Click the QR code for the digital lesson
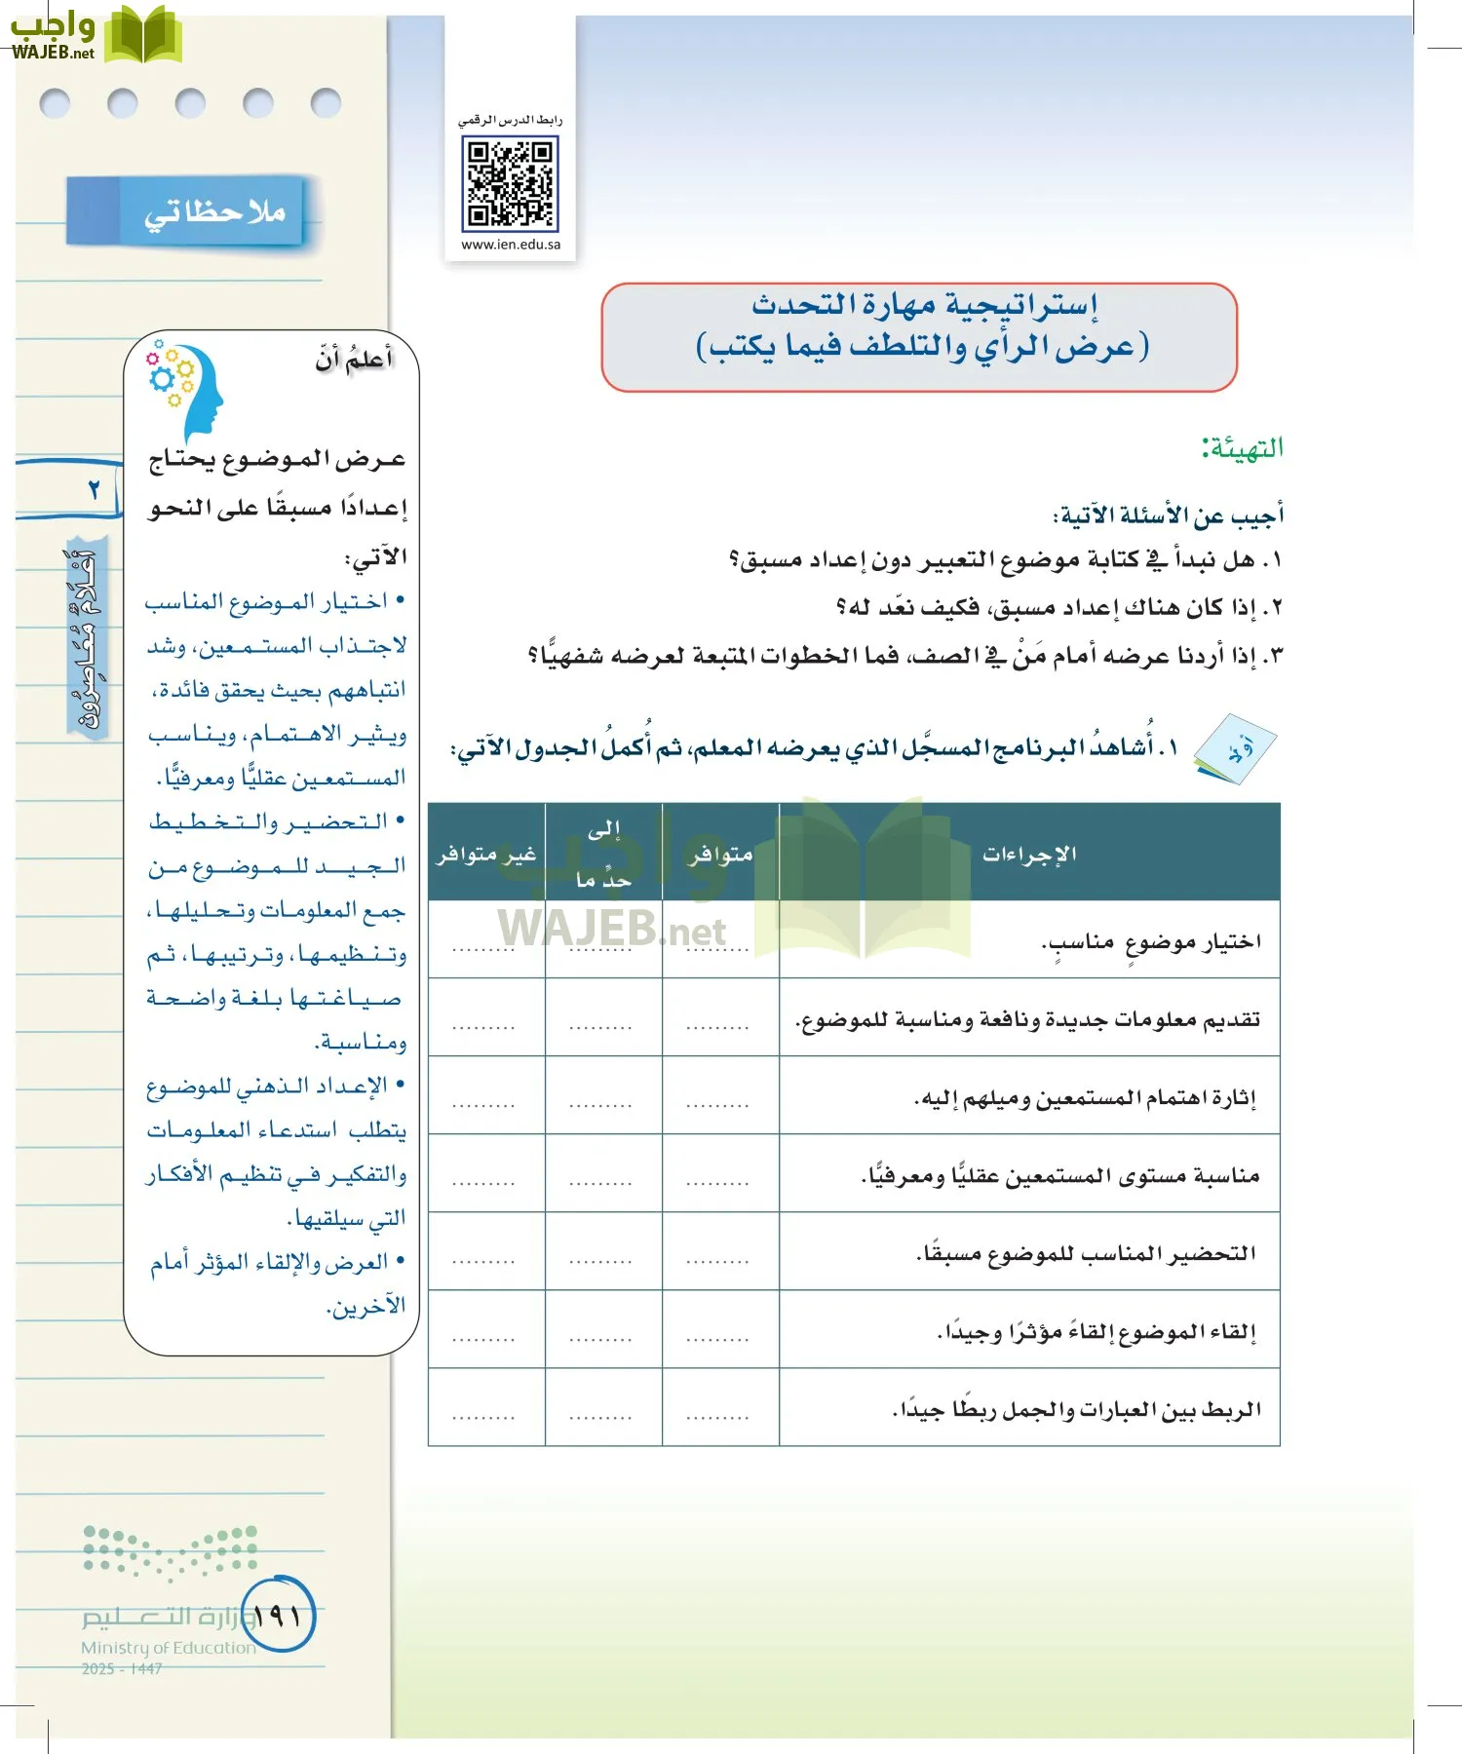tap(510, 182)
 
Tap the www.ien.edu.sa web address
tap(511, 245)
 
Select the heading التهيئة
tap(1242, 448)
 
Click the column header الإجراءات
tap(1029, 854)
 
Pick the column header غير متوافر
tap(486, 854)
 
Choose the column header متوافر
tap(720, 854)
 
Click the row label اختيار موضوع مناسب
tap(1150, 941)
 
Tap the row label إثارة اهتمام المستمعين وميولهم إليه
tap(1085, 1098)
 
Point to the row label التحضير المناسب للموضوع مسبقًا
tap(1086, 1253)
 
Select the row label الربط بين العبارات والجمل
tap(1076, 1409)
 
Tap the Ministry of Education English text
tap(168, 1648)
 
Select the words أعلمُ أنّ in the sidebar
tap(354, 360)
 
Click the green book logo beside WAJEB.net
tap(143, 35)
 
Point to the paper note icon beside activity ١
tap(1235, 750)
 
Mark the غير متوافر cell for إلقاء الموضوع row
tap(484, 1338)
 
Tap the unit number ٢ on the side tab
tap(94, 489)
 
